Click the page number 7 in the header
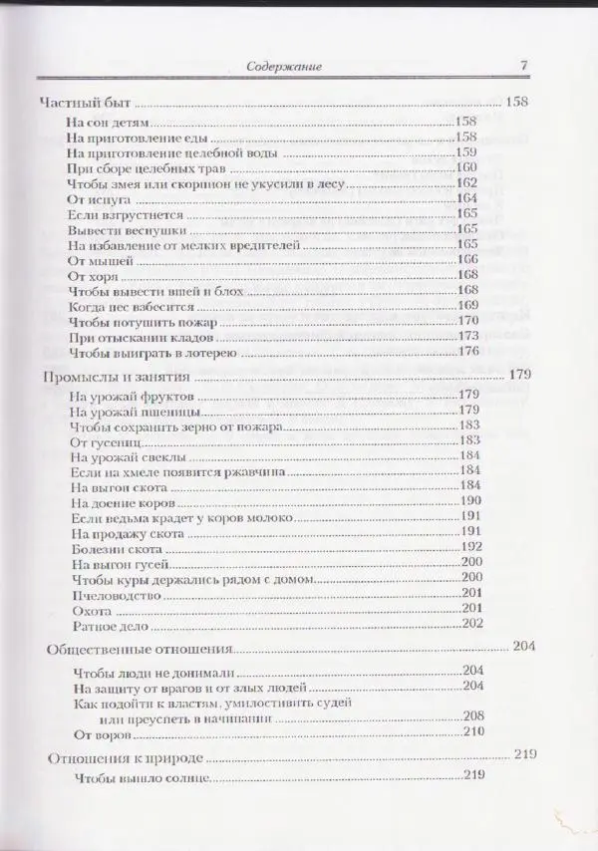coord(522,67)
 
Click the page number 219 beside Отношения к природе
coord(524,756)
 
